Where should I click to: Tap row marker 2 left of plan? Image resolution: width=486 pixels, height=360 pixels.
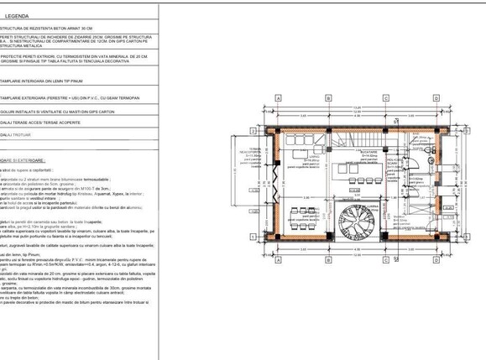pyautogui.click(x=253, y=131)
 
